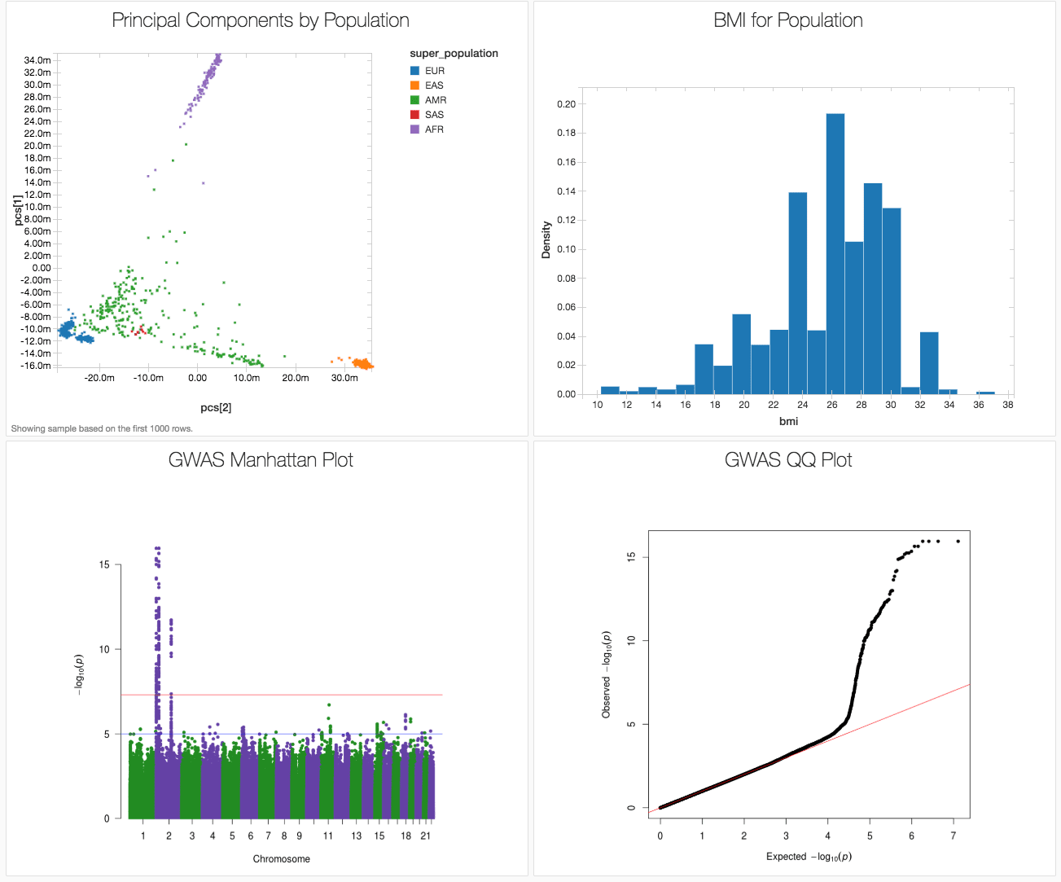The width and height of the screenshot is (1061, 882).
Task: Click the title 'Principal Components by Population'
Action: coord(261,20)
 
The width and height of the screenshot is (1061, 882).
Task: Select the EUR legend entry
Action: coord(434,71)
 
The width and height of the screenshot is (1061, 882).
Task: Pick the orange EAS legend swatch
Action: coord(415,86)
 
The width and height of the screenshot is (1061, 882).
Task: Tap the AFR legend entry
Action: coord(434,129)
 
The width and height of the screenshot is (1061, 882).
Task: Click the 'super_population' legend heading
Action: coord(454,54)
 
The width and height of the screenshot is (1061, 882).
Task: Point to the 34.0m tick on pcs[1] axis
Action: coord(37,60)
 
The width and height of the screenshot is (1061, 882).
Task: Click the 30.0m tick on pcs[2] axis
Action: coord(344,378)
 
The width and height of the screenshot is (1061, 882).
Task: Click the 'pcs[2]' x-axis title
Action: coord(216,407)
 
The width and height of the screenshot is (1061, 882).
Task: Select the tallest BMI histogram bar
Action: coord(835,252)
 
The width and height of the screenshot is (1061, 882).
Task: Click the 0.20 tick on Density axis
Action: coord(566,104)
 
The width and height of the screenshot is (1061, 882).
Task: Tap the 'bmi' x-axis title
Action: coord(788,421)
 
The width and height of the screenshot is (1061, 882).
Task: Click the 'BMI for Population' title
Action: coord(788,20)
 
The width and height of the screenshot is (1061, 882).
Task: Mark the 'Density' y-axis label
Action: coord(546,240)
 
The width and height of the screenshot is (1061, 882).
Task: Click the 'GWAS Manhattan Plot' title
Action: coord(261,460)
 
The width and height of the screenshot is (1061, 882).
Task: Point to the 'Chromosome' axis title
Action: coord(281,858)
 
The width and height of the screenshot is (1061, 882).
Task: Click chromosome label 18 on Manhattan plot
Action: coord(406,836)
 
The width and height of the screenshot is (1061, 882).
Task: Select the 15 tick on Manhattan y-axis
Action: coord(104,564)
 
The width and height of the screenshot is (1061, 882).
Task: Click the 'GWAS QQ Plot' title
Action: coord(788,460)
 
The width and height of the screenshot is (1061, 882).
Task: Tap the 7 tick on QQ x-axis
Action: coord(954,836)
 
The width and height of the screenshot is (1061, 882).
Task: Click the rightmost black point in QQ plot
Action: coord(958,541)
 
